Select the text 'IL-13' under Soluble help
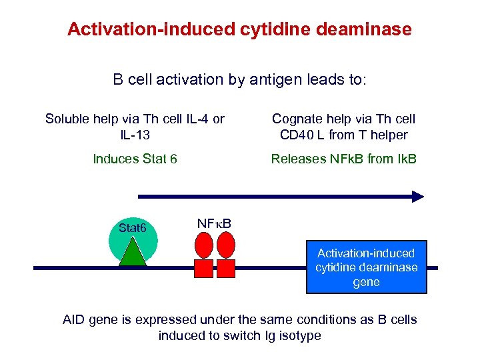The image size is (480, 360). (135, 135)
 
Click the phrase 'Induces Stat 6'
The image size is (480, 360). (135, 159)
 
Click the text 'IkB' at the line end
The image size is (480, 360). (405, 159)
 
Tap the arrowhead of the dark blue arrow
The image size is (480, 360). (417, 196)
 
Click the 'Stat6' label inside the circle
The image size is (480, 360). (132, 229)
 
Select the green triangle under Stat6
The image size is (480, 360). (132, 253)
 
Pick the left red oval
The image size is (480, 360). (203, 245)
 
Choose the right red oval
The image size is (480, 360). (227, 245)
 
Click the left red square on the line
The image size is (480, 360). (203, 268)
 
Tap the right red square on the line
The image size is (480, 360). (227, 268)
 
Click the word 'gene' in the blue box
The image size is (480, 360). (366, 282)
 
